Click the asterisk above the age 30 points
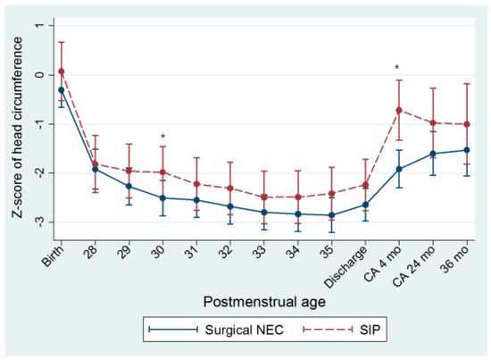tap(162, 138)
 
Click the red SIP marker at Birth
tap(62, 71)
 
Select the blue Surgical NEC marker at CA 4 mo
tap(398, 169)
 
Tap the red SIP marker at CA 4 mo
tap(398, 110)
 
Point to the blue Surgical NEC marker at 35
tap(331, 215)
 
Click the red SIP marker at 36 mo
tap(466, 124)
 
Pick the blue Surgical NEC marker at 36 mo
tap(466, 150)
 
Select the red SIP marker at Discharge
tap(365, 185)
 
